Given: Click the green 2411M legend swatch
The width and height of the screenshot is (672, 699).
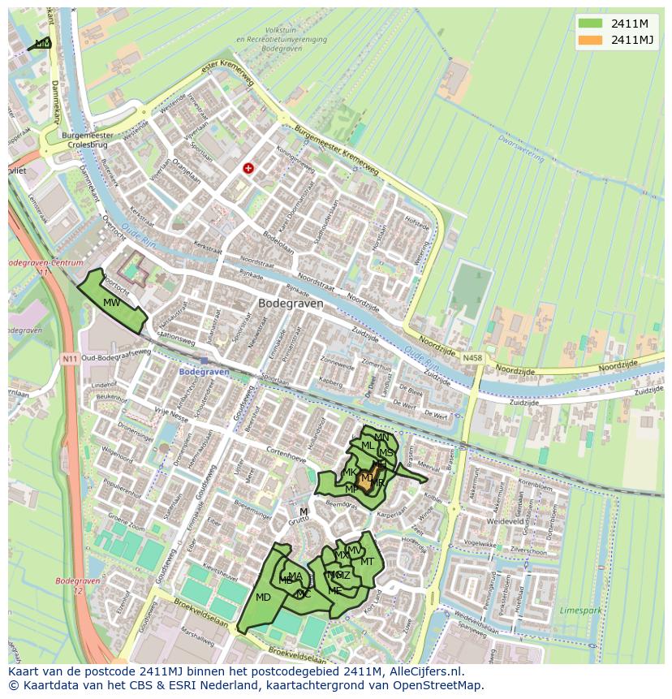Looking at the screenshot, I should pyautogui.click(x=591, y=24).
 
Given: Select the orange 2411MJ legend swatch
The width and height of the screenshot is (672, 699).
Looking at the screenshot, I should pyautogui.click(x=591, y=40).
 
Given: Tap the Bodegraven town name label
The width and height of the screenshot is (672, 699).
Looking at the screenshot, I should pyautogui.click(x=290, y=303).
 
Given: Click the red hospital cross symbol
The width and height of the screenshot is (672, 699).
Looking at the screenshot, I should pyautogui.click(x=248, y=168).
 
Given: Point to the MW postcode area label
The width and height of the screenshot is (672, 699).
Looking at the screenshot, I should pyautogui.click(x=112, y=303).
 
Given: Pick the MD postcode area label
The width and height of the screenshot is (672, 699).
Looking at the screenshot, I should pyautogui.click(x=263, y=598).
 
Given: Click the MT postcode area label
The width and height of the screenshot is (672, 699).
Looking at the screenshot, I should pyautogui.click(x=367, y=562).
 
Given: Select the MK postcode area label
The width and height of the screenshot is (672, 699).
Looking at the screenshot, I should pyautogui.click(x=351, y=472).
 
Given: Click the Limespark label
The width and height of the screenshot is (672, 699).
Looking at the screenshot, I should pyautogui.click(x=581, y=609).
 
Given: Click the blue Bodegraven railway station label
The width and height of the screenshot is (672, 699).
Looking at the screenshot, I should pyautogui.click(x=205, y=371).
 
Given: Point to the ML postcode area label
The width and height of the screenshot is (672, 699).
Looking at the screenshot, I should pyautogui.click(x=368, y=446).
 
